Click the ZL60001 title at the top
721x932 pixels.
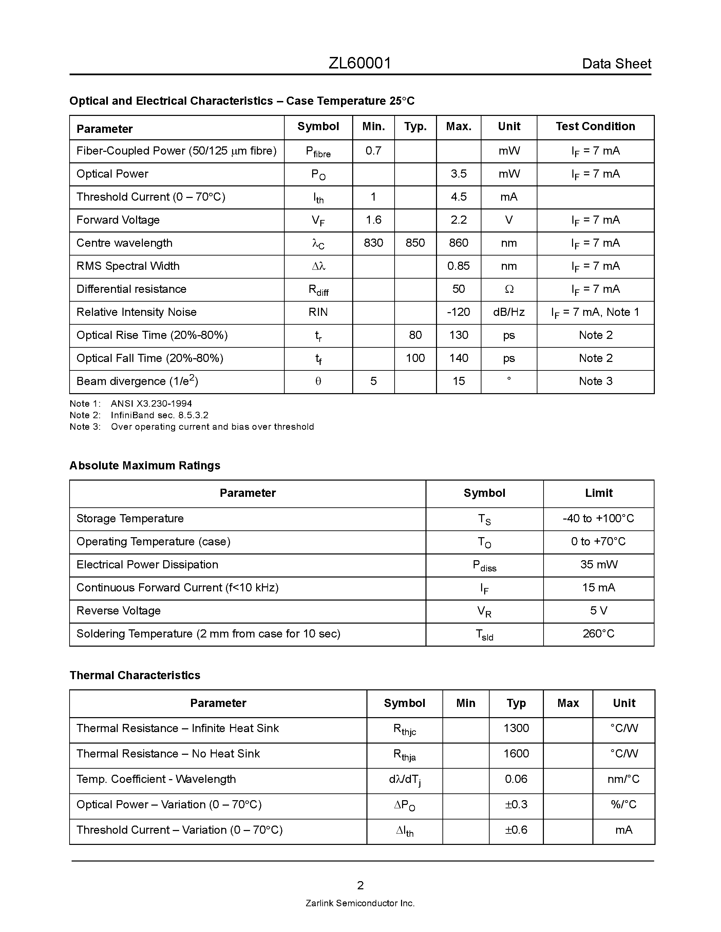(x=360, y=63)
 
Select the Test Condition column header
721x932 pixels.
(x=595, y=126)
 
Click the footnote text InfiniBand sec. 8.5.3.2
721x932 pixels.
(x=159, y=415)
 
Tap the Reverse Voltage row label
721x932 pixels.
(x=118, y=611)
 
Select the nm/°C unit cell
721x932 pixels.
(x=623, y=779)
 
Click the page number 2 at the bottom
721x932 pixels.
(x=360, y=886)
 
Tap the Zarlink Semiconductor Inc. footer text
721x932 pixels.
(x=360, y=904)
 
